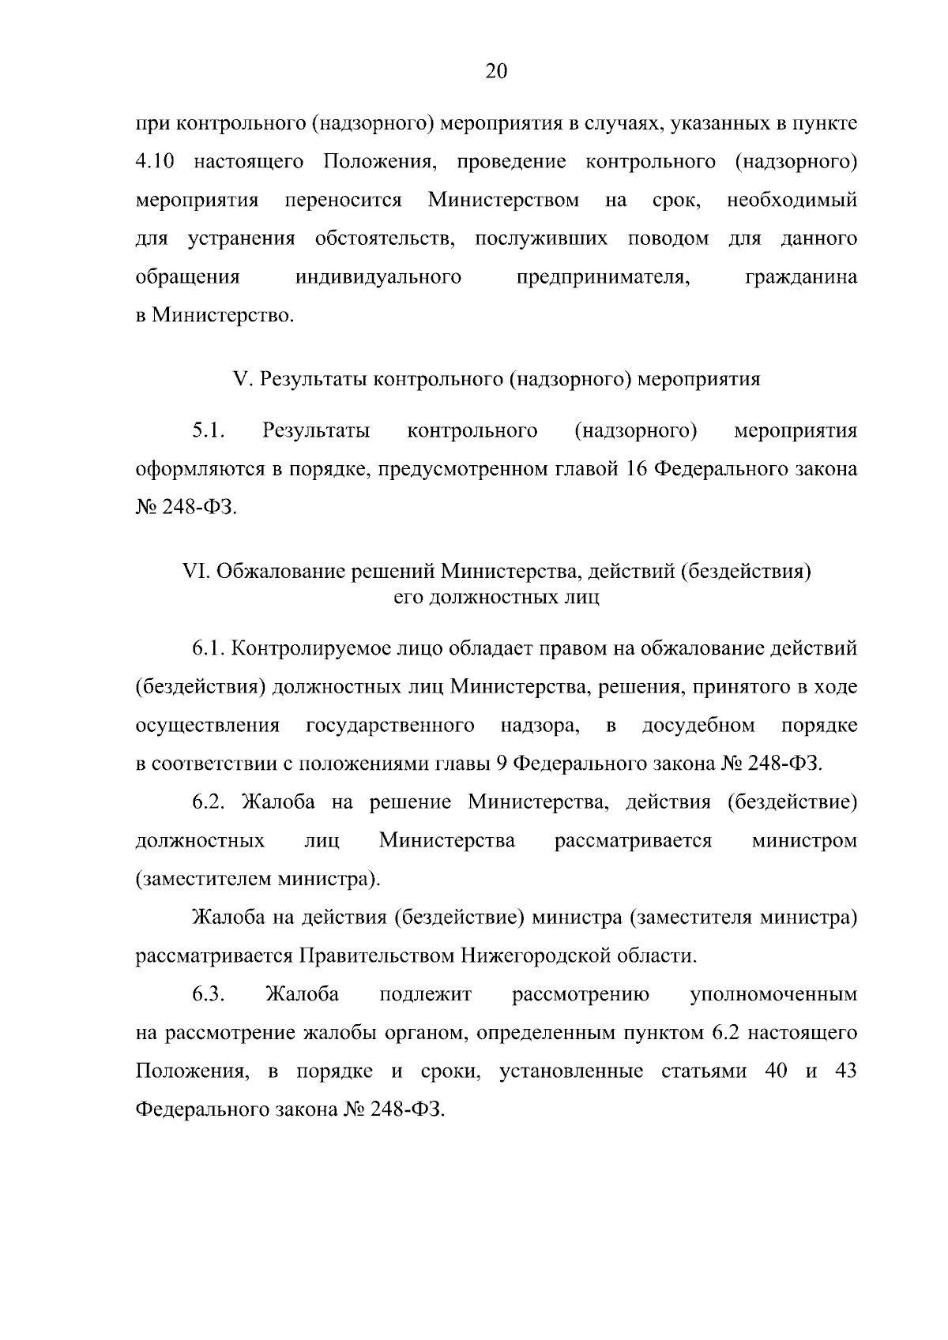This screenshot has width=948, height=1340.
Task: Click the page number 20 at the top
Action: coord(495,72)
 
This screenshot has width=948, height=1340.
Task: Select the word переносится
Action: coord(343,200)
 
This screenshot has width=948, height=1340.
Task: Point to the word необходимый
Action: coord(792,200)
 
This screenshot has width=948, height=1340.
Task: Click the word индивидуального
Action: coord(378,277)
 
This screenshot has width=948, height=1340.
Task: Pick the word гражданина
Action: coord(800,277)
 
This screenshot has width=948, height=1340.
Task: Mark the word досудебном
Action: coord(698,726)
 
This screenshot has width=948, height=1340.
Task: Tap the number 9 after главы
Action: coord(506,764)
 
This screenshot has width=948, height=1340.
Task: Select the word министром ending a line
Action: coord(804,840)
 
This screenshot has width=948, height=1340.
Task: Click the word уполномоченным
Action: coord(773,994)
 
